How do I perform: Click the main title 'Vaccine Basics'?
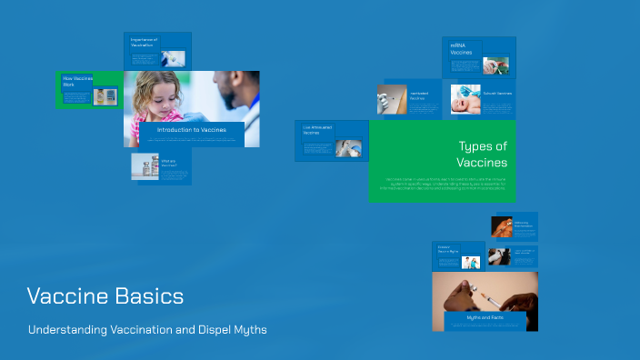point(105,296)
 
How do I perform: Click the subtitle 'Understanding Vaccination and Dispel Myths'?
point(147,329)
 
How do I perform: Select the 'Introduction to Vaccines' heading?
point(191,130)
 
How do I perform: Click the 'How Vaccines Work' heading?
point(75,81)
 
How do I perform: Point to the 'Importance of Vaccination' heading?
point(144,42)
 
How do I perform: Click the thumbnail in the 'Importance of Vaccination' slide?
point(173,58)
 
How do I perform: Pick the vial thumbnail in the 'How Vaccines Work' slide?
point(105,96)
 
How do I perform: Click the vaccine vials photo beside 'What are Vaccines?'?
point(145,166)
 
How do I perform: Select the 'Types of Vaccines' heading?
point(482,154)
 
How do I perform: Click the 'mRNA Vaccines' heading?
point(462,48)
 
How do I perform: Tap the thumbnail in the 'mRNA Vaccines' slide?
point(495,65)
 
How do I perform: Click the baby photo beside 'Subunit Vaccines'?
point(465,99)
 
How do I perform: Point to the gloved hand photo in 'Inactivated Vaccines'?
point(392,99)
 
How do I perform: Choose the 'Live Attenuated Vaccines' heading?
point(317,130)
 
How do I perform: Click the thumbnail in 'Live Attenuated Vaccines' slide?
point(348,147)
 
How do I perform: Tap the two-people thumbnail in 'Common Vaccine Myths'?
point(470,262)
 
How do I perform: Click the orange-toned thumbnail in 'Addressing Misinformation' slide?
point(501,226)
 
